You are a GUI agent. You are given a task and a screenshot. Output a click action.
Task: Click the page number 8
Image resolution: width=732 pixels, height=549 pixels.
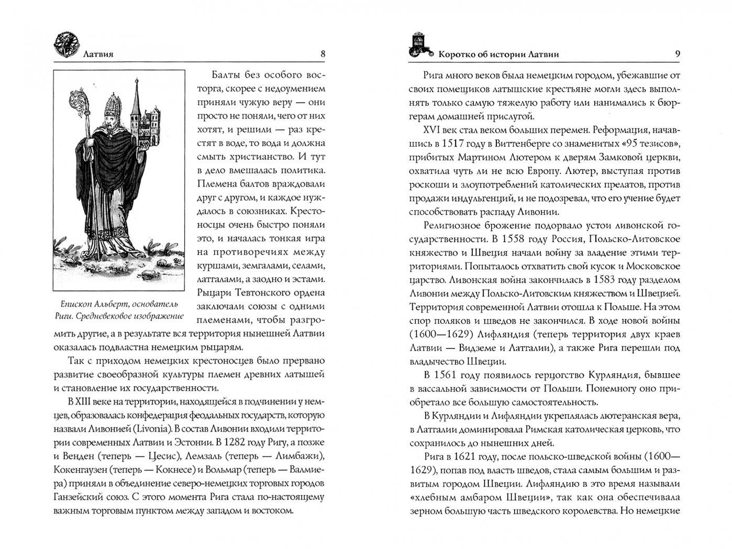click(323, 53)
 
